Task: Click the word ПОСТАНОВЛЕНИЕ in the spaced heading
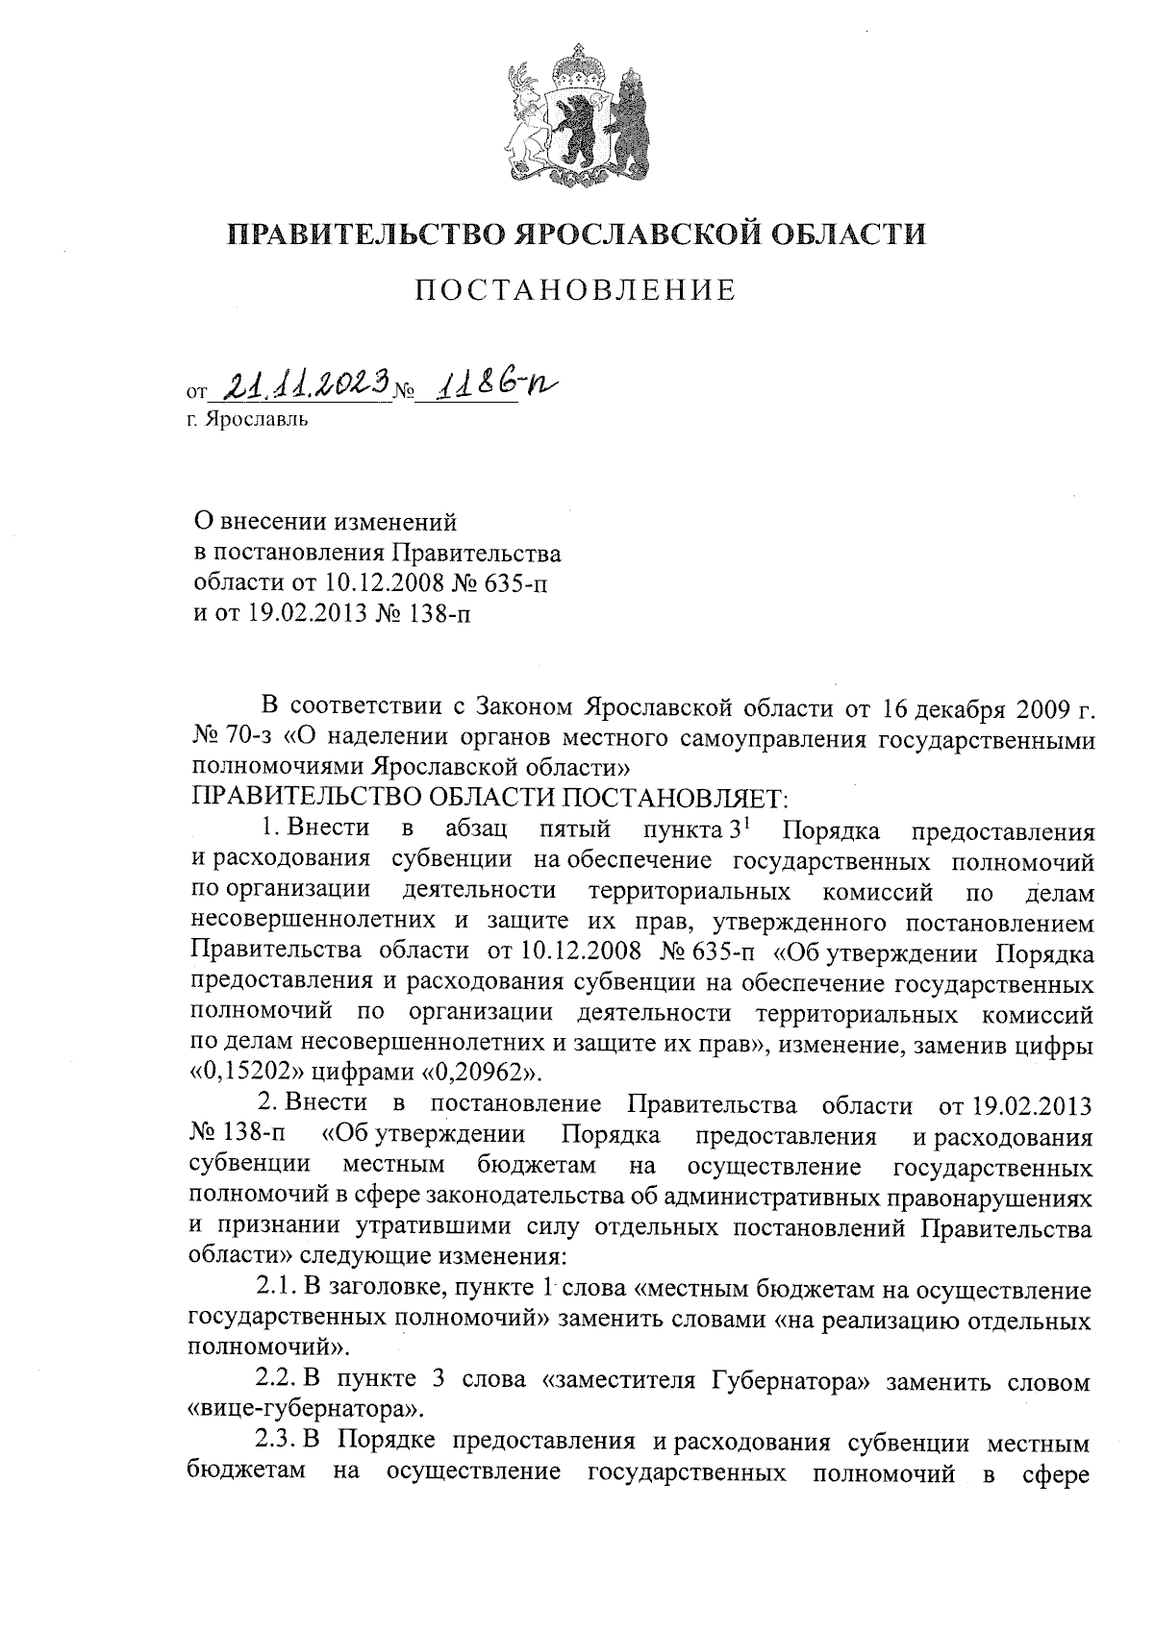[x=575, y=290]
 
